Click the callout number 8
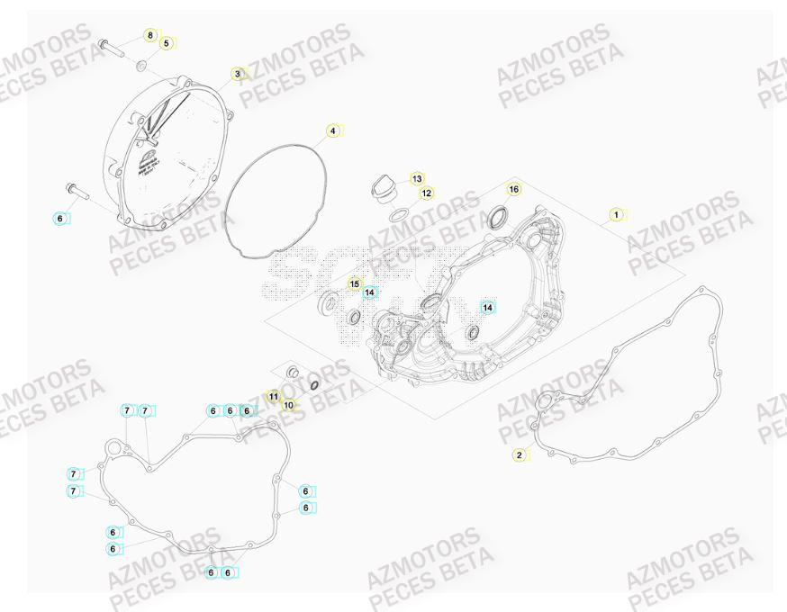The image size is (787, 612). tap(150, 35)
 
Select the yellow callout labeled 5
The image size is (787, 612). tap(166, 42)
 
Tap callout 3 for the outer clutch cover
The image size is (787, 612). tap(238, 74)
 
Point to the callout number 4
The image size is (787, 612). tap(332, 131)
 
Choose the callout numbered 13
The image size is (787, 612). tap(418, 179)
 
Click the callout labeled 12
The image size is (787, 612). tap(427, 193)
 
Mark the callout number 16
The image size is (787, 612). tap(513, 189)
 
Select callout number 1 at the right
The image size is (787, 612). tap(616, 214)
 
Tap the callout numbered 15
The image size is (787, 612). tap(355, 283)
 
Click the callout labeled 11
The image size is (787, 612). tap(274, 396)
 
